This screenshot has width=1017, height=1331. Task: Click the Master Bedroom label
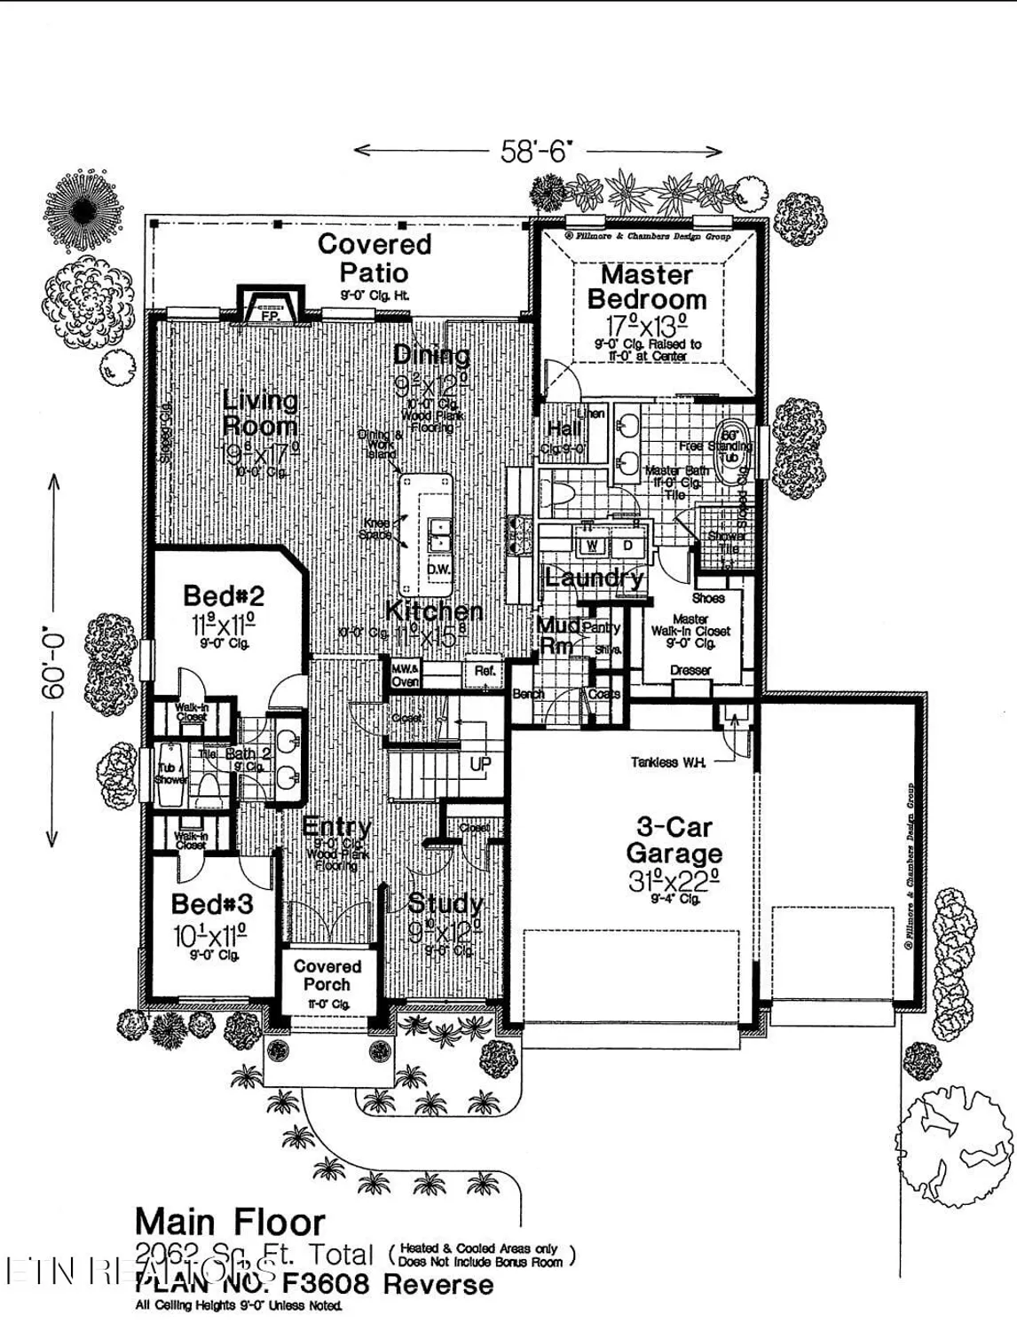(x=647, y=287)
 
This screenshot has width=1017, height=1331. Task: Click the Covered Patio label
(x=374, y=257)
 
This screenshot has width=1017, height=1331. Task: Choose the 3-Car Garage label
(x=674, y=840)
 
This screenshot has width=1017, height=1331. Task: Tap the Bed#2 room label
(x=224, y=595)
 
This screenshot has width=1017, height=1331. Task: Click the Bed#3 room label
(x=212, y=904)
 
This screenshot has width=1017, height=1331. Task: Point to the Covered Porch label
(x=327, y=975)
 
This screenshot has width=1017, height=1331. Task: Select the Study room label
(x=445, y=903)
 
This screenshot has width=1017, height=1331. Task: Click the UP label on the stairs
(x=480, y=764)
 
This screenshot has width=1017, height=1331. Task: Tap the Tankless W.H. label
(x=667, y=761)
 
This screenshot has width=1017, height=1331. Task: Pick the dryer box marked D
(x=627, y=544)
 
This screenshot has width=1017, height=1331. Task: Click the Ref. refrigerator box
(x=485, y=672)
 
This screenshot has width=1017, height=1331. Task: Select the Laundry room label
(x=594, y=578)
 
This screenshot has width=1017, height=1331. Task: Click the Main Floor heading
(x=230, y=1223)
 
